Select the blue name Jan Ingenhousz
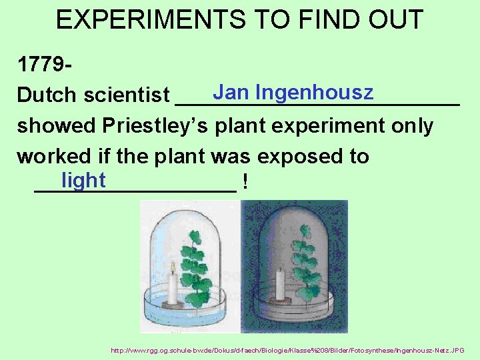click(x=293, y=92)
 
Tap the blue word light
click(x=83, y=180)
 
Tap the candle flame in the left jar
click(x=173, y=268)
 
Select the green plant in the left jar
click(x=195, y=267)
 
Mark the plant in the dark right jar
click(x=307, y=267)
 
